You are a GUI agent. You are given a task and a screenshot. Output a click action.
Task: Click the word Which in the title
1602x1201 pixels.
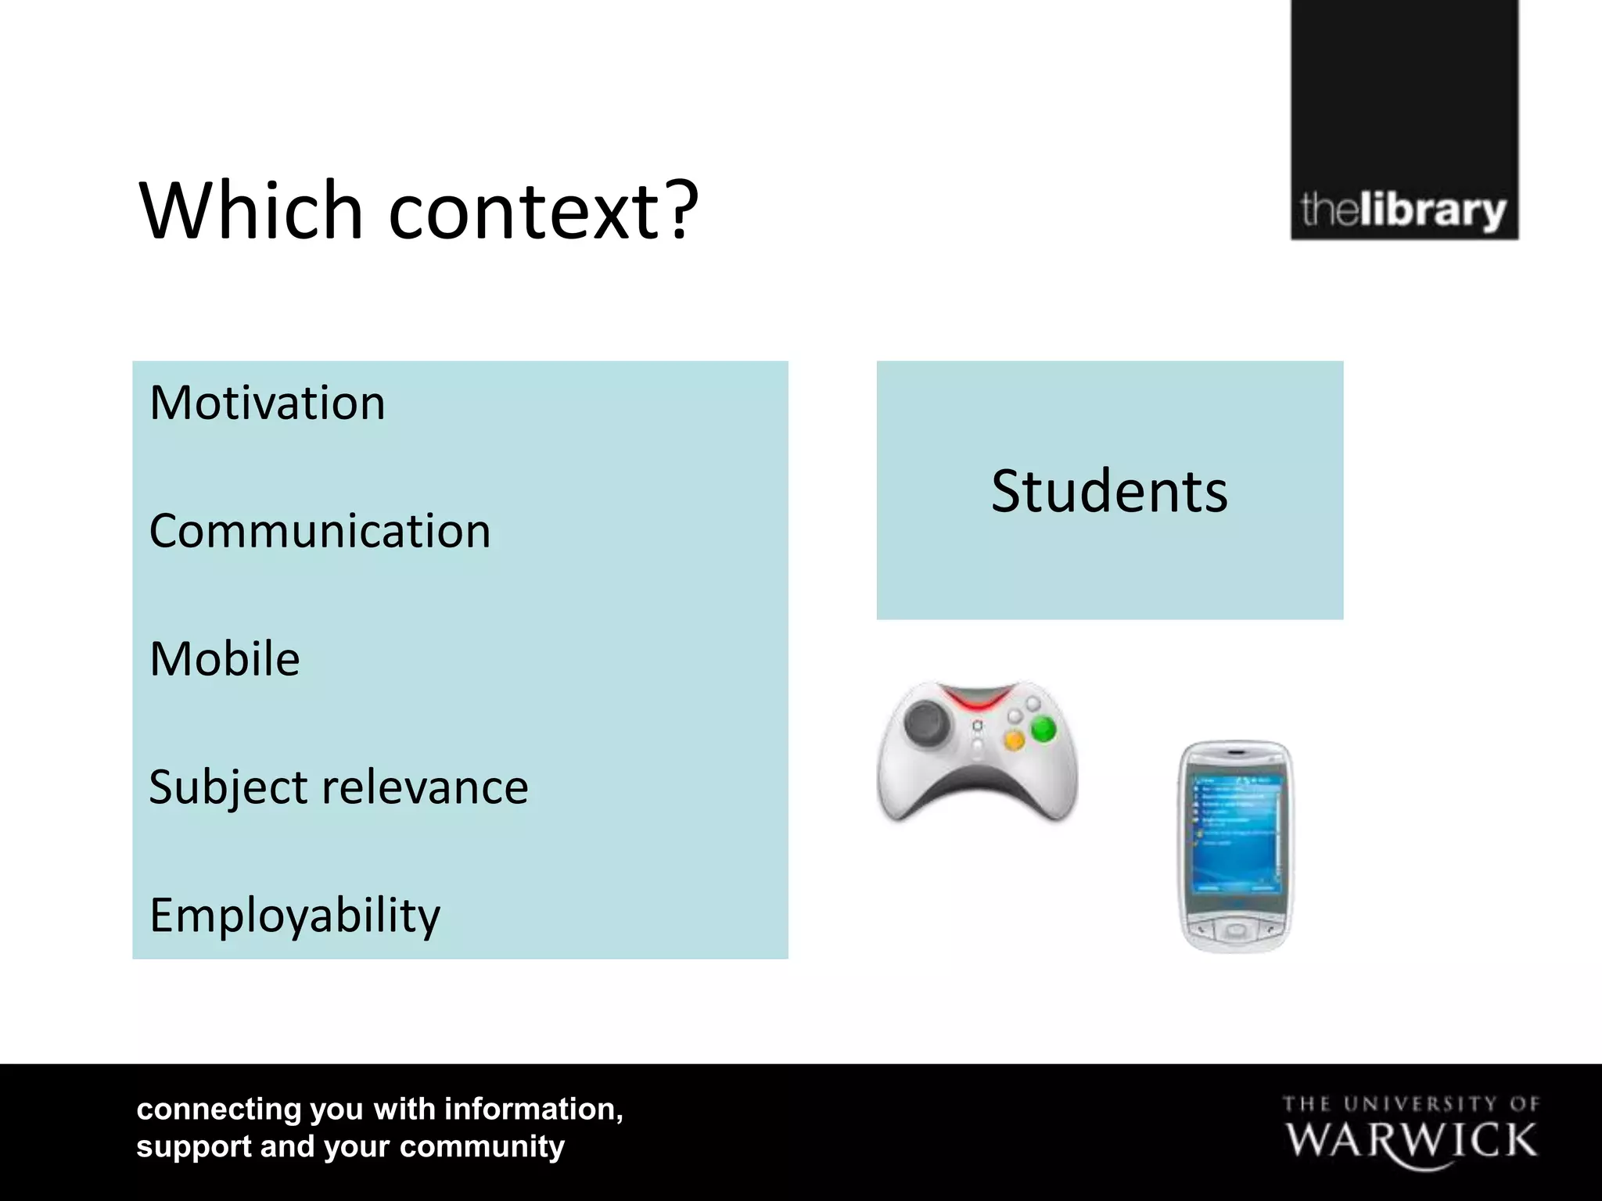point(250,211)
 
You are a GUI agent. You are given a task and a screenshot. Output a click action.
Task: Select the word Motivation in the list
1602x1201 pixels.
point(268,403)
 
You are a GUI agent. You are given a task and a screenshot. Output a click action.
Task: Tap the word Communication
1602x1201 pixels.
point(320,532)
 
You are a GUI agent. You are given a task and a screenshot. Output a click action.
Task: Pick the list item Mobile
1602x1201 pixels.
point(224,659)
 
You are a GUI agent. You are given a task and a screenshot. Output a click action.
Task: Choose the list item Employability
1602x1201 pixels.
point(295,916)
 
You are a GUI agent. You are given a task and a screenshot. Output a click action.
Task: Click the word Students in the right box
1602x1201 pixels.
point(1109,492)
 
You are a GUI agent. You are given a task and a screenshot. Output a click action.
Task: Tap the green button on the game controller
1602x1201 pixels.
point(1043,730)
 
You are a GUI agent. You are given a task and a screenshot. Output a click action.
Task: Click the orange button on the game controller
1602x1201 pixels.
point(1014,740)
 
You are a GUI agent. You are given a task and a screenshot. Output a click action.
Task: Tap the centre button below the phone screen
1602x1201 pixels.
point(1236,930)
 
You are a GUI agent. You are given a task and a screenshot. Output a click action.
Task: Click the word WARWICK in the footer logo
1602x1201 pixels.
point(1411,1141)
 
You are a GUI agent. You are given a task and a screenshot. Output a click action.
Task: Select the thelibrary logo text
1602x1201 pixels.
point(1403,211)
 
